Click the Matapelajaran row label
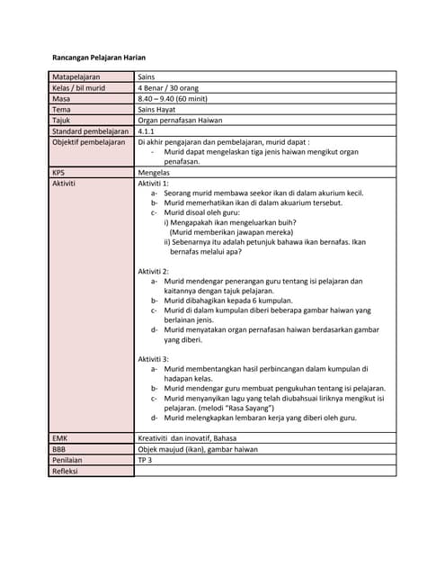coord(76,78)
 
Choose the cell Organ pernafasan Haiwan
coord(180,120)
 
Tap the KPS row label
coord(59,171)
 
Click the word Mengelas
coord(155,171)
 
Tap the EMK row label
coord(60,437)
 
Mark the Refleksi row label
coord(66,470)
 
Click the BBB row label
coord(59,448)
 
